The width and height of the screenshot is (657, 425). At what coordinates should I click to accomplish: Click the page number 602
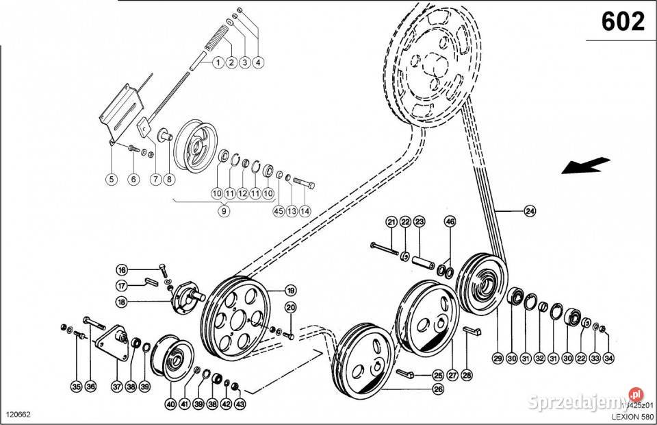pos(623,22)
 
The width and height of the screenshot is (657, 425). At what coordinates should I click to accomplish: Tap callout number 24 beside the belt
pos(529,211)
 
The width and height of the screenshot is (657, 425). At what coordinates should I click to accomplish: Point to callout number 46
pos(450,221)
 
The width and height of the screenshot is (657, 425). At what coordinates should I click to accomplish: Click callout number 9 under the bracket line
pos(223,212)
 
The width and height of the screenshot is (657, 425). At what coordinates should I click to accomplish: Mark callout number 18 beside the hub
pos(122,301)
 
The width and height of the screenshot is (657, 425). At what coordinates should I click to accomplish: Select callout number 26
pos(437,389)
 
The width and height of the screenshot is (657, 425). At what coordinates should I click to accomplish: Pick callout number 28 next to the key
pos(467,376)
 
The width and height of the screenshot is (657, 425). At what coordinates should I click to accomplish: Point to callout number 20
pos(289,307)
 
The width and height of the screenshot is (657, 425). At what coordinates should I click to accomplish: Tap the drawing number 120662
pos(18,415)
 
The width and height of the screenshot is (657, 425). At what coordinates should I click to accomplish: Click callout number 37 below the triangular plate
pos(117,387)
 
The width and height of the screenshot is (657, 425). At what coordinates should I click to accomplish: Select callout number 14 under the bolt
pos(305,211)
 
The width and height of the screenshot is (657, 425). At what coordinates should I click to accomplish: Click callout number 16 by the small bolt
pos(122,269)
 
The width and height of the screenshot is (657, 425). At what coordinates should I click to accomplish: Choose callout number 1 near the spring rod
pos(217,62)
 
